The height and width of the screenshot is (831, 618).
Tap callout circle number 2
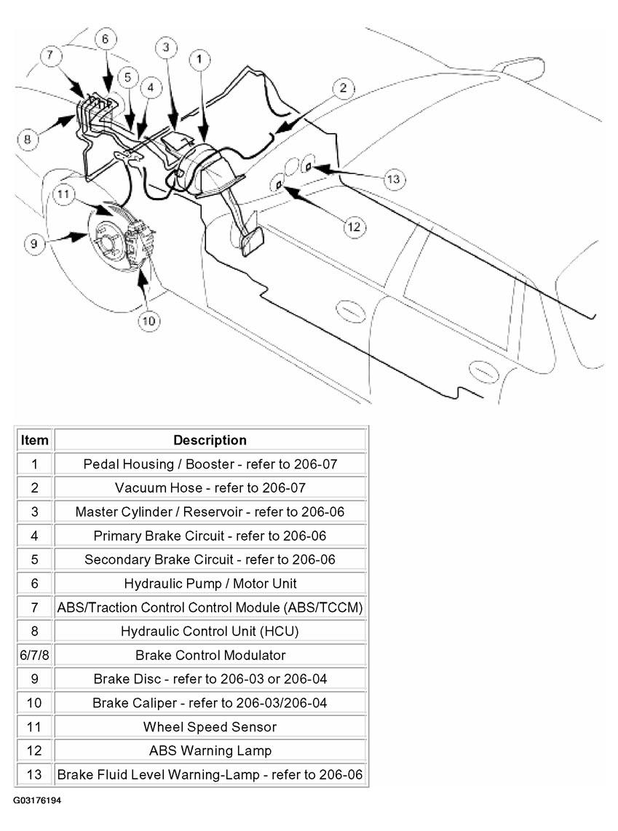(x=343, y=89)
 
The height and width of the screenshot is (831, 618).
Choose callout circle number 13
(x=393, y=178)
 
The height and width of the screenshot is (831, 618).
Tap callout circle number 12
(x=353, y=227)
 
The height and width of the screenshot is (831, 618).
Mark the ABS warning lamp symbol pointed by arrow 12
(x=278, y=186)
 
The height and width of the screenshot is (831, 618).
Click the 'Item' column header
(x=34, y=440)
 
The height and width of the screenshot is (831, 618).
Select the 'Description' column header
(x=210, y=440)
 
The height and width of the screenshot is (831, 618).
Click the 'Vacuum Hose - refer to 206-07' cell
(x=210, y=488)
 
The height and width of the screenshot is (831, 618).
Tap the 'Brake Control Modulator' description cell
(x=210, y=655)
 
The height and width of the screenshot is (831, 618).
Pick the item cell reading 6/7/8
(x=34, y=655)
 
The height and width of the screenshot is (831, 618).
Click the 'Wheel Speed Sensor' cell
(x=210, y=726)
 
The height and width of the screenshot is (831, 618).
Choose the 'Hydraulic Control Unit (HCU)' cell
(x=210, y=631)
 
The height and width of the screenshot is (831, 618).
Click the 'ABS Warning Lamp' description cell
(x=210, y=750)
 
